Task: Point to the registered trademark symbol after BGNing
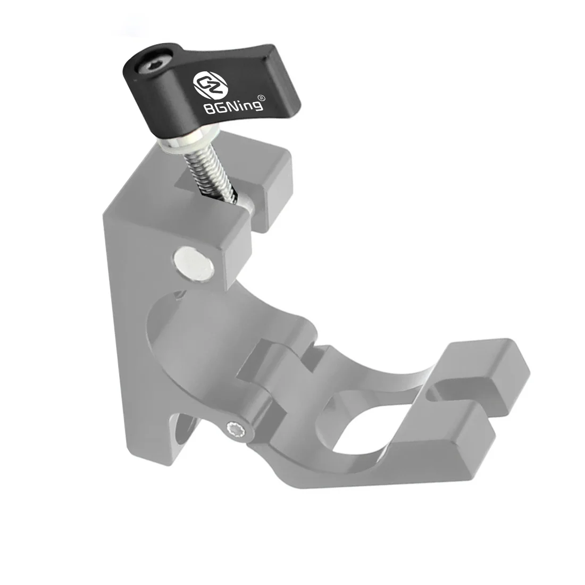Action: [x=261, y=98]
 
